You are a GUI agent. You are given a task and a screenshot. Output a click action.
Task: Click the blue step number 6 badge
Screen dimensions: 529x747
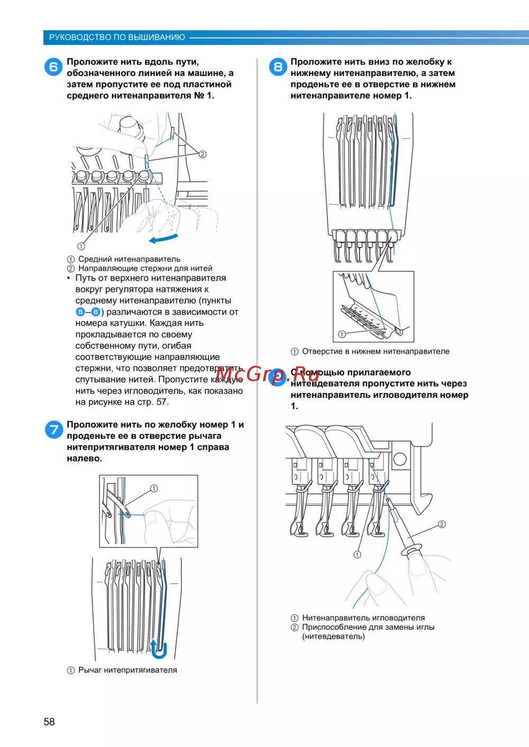coord(53,67)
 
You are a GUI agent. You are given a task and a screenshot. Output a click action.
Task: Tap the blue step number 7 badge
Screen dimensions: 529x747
coord(54,429)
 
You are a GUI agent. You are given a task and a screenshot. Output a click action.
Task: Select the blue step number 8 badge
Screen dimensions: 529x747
coord(278,67)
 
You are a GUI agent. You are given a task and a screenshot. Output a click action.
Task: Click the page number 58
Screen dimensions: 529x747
coord(49,722)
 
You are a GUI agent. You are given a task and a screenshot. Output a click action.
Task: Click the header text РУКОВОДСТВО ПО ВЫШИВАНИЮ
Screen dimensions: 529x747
coord(117,38)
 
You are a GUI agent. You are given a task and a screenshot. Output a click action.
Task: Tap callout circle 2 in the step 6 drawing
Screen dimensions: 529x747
coord(202,154)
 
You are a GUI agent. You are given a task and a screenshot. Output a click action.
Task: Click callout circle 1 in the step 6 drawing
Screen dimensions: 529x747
coord(81,246)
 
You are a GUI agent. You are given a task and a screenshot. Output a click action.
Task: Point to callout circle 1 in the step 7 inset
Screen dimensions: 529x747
coord(154,488)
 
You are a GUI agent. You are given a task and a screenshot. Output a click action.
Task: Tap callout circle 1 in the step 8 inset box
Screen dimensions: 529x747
coord(342,334)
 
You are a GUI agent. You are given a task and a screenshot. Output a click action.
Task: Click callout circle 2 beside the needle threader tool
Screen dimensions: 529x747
coord(442,524)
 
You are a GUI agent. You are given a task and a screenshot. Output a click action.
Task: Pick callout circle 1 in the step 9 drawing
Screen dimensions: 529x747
coord(357,555)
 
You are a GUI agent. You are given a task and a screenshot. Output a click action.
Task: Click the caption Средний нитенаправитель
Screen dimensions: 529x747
coord(129,259)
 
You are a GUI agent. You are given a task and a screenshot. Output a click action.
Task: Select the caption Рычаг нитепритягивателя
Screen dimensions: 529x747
coord(127,670)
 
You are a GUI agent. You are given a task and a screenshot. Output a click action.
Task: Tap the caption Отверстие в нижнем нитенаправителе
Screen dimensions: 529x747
coord(376,351)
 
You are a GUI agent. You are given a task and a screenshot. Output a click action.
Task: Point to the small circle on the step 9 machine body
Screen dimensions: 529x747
coord(399,459)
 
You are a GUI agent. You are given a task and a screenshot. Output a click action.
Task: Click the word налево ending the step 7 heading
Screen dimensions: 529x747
coord(84,458)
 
